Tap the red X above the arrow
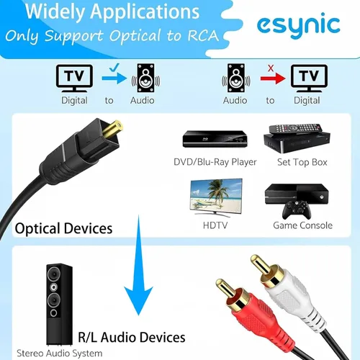coord(270,68)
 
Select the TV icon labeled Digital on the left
coord(74,78)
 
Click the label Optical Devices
coord(64,229)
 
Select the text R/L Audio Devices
coord(131,337)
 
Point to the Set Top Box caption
coord(302,162)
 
